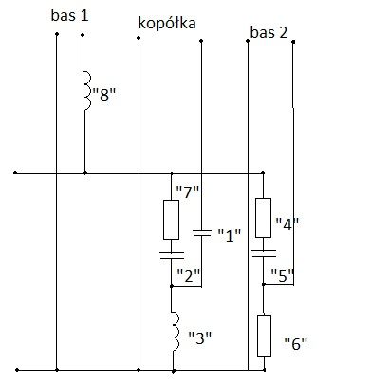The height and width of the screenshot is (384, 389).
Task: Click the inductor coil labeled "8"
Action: coord(87,91)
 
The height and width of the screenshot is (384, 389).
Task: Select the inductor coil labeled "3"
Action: coord(176,332)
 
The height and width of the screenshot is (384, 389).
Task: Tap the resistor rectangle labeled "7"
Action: coord(171,220)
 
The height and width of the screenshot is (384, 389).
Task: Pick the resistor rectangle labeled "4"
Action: coord(263,218)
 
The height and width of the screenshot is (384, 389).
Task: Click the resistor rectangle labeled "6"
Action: coord(264,336)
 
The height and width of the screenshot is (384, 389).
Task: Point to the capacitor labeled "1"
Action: coord(202,233)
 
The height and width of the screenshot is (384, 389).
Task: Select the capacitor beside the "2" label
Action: coord(172,255)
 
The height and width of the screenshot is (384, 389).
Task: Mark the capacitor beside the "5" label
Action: coord(264,253)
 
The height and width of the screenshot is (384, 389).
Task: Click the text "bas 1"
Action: coord(69,15)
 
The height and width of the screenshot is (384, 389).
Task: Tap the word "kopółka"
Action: coord(167,24)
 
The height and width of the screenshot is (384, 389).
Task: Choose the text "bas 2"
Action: coord(269,32)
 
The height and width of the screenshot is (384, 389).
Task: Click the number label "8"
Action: coord(104,94)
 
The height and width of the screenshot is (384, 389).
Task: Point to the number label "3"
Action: coord(199,338)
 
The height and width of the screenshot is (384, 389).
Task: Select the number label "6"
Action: coord(296,343)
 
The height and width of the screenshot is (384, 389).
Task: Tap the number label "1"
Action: coord(230,235)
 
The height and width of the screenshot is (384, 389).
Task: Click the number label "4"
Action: coord(287,224)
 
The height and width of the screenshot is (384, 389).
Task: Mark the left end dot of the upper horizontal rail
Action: coord(15,173)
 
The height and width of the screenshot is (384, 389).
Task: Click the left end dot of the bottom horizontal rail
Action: coord(17,370)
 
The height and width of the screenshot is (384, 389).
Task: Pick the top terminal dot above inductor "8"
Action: coord(83,35)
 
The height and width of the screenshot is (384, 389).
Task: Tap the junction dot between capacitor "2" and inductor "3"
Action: coord(172,286)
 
